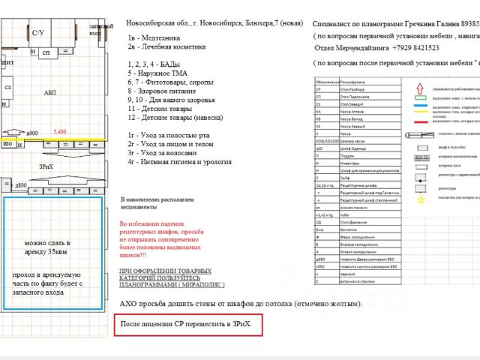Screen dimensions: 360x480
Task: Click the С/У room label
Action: [37, 32]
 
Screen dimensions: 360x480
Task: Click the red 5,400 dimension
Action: [60, 132]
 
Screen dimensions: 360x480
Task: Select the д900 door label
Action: [32, 133]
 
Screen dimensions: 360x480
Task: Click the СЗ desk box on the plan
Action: [8, 88]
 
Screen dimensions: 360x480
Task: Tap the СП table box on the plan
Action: [46, 52]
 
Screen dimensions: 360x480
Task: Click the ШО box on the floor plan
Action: [7, 143]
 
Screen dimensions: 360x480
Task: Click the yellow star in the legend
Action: [421, 199]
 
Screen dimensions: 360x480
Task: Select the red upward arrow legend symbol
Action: [420, 85]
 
